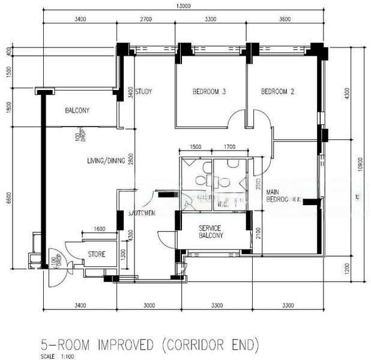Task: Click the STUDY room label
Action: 143,92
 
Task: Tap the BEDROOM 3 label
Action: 209,92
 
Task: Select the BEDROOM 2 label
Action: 277,92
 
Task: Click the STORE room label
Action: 96,254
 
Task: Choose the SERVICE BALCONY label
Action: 210,232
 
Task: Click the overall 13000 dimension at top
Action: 184,7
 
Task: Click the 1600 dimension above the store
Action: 99,229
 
